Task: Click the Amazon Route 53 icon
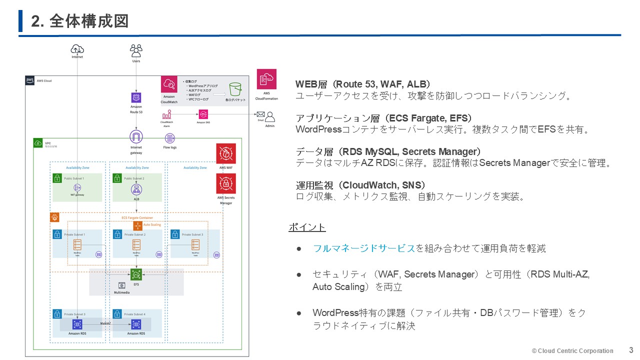pos(136,97)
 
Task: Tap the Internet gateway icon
pos(136,136)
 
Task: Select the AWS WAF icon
pos(226,153)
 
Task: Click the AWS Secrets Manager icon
pos(226,183)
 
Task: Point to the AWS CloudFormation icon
pos(266,79)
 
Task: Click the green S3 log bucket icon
pos(235,89)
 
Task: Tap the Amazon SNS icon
pos(203,114)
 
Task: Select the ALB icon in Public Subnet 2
pos(136,189)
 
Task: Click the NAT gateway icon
pos(77,187)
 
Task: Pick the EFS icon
pos(136,274)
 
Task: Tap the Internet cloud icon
pos(77,49)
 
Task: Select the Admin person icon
pos(270,117)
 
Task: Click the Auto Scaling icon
pos(138,225)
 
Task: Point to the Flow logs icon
pos(170,137)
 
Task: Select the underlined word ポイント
pos(307,227)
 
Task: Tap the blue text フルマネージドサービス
pos(364,248)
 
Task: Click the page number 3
pos(631,350)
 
